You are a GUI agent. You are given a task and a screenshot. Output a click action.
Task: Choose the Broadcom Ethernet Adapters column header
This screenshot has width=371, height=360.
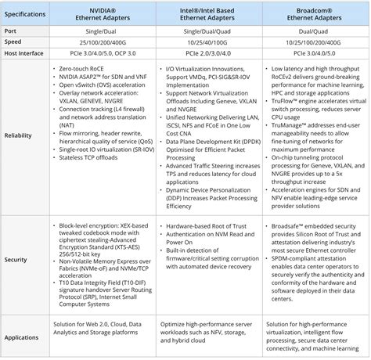[312, 14]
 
